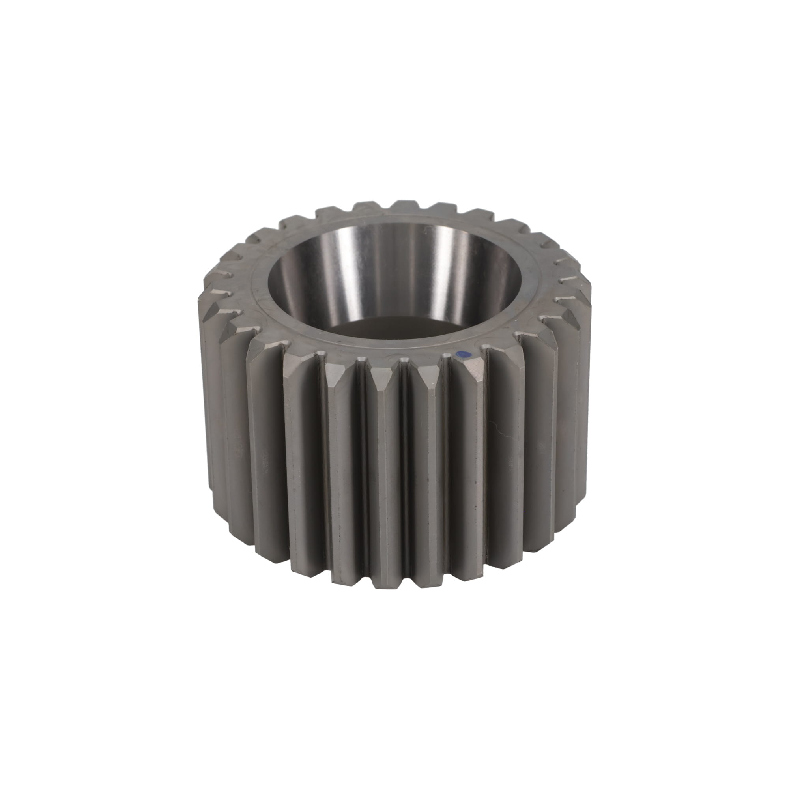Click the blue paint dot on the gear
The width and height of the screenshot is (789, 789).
(x=463, y=355)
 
